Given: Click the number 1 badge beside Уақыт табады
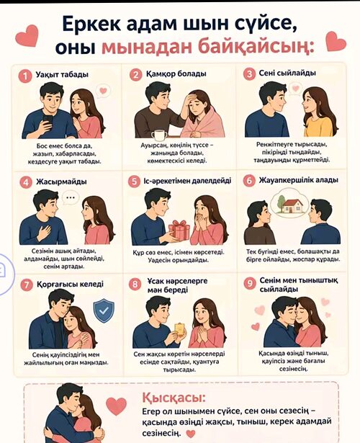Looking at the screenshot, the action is click(25, 76).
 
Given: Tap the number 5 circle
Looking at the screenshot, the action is click(135, 182).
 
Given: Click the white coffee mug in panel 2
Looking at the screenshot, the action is click(159, 135).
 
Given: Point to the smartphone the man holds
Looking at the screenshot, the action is click(48, 121).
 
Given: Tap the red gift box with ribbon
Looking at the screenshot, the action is click(179, 229).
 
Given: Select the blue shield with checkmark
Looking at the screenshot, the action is click(104, 310).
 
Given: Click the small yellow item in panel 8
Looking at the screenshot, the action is click(180, 329).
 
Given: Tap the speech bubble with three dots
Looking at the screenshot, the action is click(71, 197).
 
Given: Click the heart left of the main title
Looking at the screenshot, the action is click(27, 35).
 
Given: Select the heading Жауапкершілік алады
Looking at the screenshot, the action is click(298, 180).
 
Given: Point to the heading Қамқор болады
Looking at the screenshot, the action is click(176, 74).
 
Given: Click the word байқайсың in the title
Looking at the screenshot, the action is click(256, 47).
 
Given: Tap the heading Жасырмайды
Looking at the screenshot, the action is click(61, 182).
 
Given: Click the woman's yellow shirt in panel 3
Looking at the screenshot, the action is click(318, 127).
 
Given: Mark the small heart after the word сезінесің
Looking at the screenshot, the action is click(191, 434).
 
